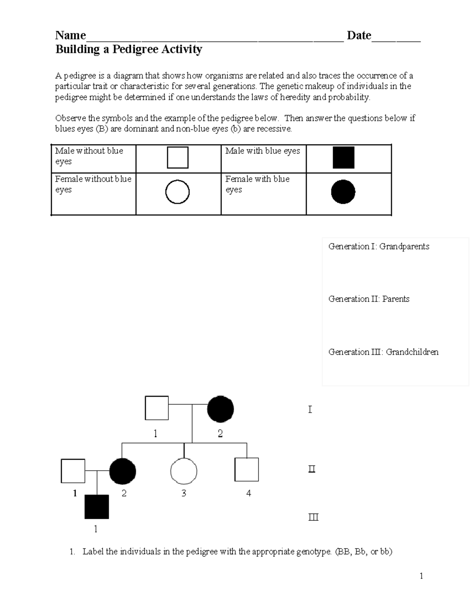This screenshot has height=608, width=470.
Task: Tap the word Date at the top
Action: click(x=359, y=36)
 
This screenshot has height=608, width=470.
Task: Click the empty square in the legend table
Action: click(x=177, y=157)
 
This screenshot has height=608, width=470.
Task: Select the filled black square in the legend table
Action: click(x=343, y=157)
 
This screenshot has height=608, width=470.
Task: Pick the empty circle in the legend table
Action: click(x=177, y=192)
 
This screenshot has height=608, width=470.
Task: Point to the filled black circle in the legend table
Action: click(x=343, y=192)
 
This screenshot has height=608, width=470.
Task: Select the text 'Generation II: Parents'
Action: click(x=369, y=299)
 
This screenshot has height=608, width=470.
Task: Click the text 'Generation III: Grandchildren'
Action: click(x=383, y=352)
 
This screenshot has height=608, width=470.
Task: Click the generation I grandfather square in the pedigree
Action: click(x=157, y=408)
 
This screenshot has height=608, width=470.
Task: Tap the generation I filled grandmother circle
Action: click(x=221, y=409)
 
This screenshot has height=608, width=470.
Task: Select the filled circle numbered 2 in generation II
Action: click(x=123, y=471)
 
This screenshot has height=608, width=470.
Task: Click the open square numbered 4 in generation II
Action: click(x=246, y=469)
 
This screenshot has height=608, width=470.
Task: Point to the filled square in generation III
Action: click(x=97, y=507)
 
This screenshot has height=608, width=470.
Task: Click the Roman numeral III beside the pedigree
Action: click(x=313, y=518)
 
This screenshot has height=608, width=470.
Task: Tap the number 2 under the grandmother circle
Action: click(x=220, y=434)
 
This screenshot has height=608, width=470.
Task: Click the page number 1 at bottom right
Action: click(x=421, y=576)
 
